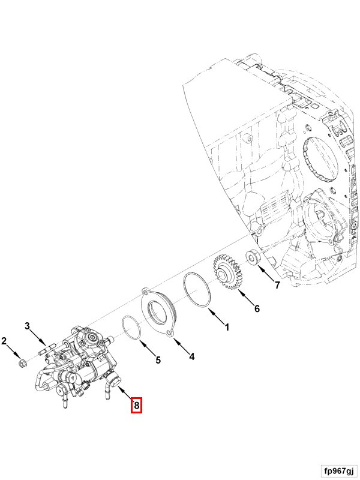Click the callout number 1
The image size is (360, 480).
pos(227,328)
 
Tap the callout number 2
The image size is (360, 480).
pos(4,342)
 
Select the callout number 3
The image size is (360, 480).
pos(27,326)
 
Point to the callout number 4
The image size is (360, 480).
pos(191,356)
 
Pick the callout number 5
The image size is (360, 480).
pos(158,361)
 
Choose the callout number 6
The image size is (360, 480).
pos(256,308)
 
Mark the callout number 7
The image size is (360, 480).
pos(277,286)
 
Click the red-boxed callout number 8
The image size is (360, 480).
pos(137,406)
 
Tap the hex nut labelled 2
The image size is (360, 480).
pos(23,362)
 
